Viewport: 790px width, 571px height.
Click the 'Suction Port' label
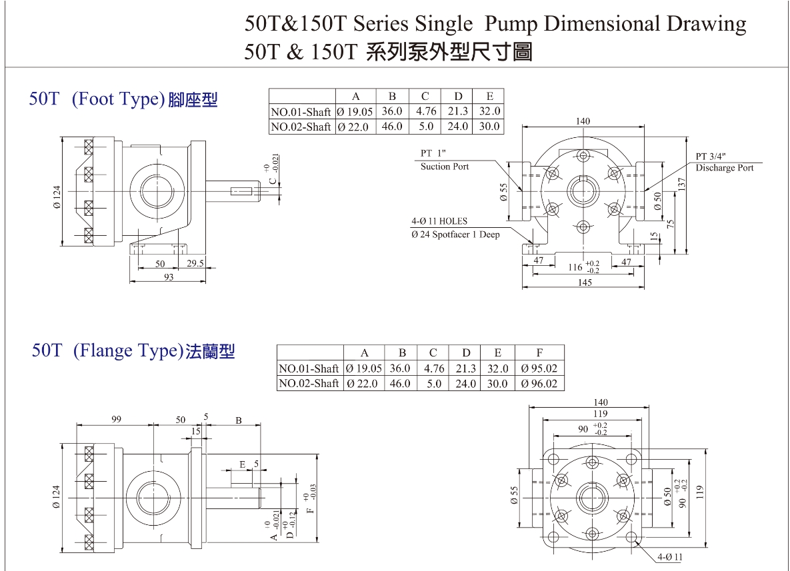pos(445,167)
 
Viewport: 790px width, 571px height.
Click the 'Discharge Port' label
pos(725,168)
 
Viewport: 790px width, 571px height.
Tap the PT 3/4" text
pos(711,156)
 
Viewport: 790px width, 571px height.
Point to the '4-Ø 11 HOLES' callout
pos(439,221)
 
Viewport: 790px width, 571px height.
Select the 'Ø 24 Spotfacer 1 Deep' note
pos(455,235)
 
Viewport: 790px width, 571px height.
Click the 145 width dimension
pos(585,283)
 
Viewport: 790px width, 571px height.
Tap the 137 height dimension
pos(682,185)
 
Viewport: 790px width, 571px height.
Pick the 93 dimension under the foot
pos(168,277)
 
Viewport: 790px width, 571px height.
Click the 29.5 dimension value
pos(195,263)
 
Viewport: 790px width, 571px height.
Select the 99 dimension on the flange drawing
pos(117,419)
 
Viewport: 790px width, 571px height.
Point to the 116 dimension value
pos(575,267)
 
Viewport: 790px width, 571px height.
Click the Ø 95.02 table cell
pos(539,368)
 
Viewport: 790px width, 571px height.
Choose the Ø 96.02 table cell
pos(539,384)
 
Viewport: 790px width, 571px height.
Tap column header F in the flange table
pos(539,353)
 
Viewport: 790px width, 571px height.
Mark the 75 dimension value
pos(671,224)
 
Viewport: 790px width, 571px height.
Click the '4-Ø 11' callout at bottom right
pos(669,557)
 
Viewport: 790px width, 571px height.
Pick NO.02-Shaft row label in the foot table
pos(301,127)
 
